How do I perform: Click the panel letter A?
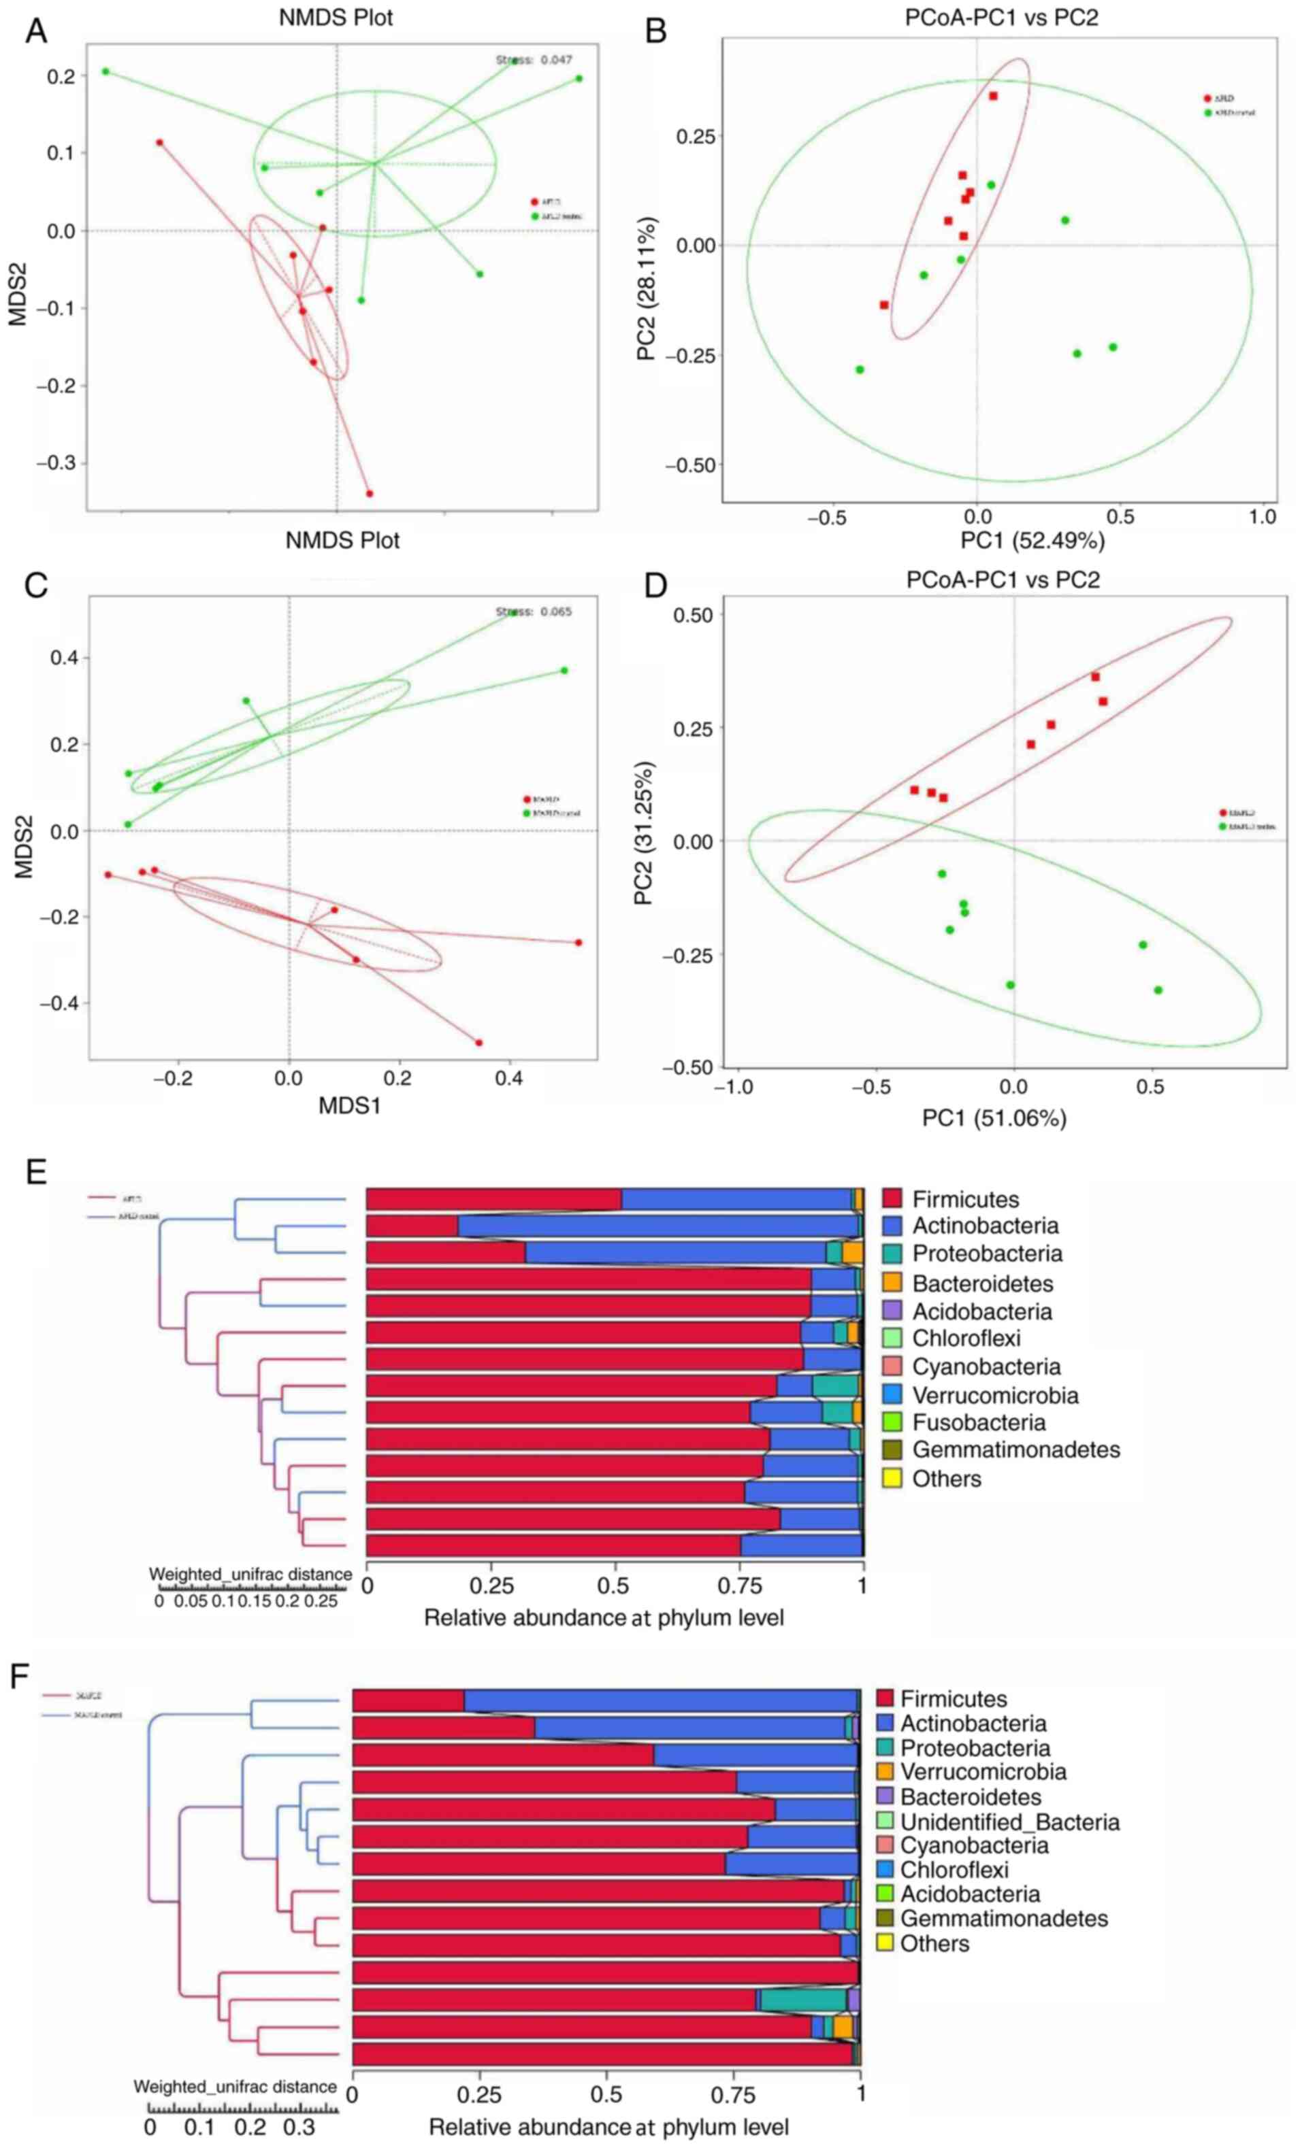(x=36, y=31)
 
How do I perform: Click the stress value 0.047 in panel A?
(x=555, y=60)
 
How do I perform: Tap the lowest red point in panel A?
(x=369, y=493)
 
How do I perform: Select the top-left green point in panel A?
(x=105, y=71)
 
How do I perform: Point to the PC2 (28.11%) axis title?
(x=648, y=288)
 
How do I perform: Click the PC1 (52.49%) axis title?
(x=1032, y=541)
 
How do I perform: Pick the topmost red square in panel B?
(x=992, y=96)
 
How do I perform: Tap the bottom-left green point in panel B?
(x=860, y=369)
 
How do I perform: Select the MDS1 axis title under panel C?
(x=349, y=1106)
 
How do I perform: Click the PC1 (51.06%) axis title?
(x=994, y=1118)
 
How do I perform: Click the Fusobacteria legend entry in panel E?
(x=979, y=1423)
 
